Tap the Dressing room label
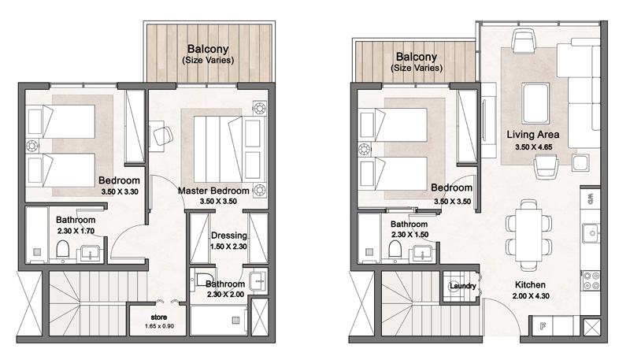229,235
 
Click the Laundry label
461,286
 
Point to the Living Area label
533,135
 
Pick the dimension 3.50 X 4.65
533,147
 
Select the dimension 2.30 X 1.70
76,232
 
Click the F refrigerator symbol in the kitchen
543,325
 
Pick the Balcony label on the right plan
416,58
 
